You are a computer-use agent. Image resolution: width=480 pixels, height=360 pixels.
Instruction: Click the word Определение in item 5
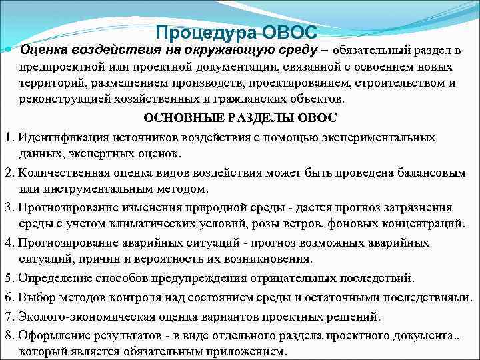(52, 277)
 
